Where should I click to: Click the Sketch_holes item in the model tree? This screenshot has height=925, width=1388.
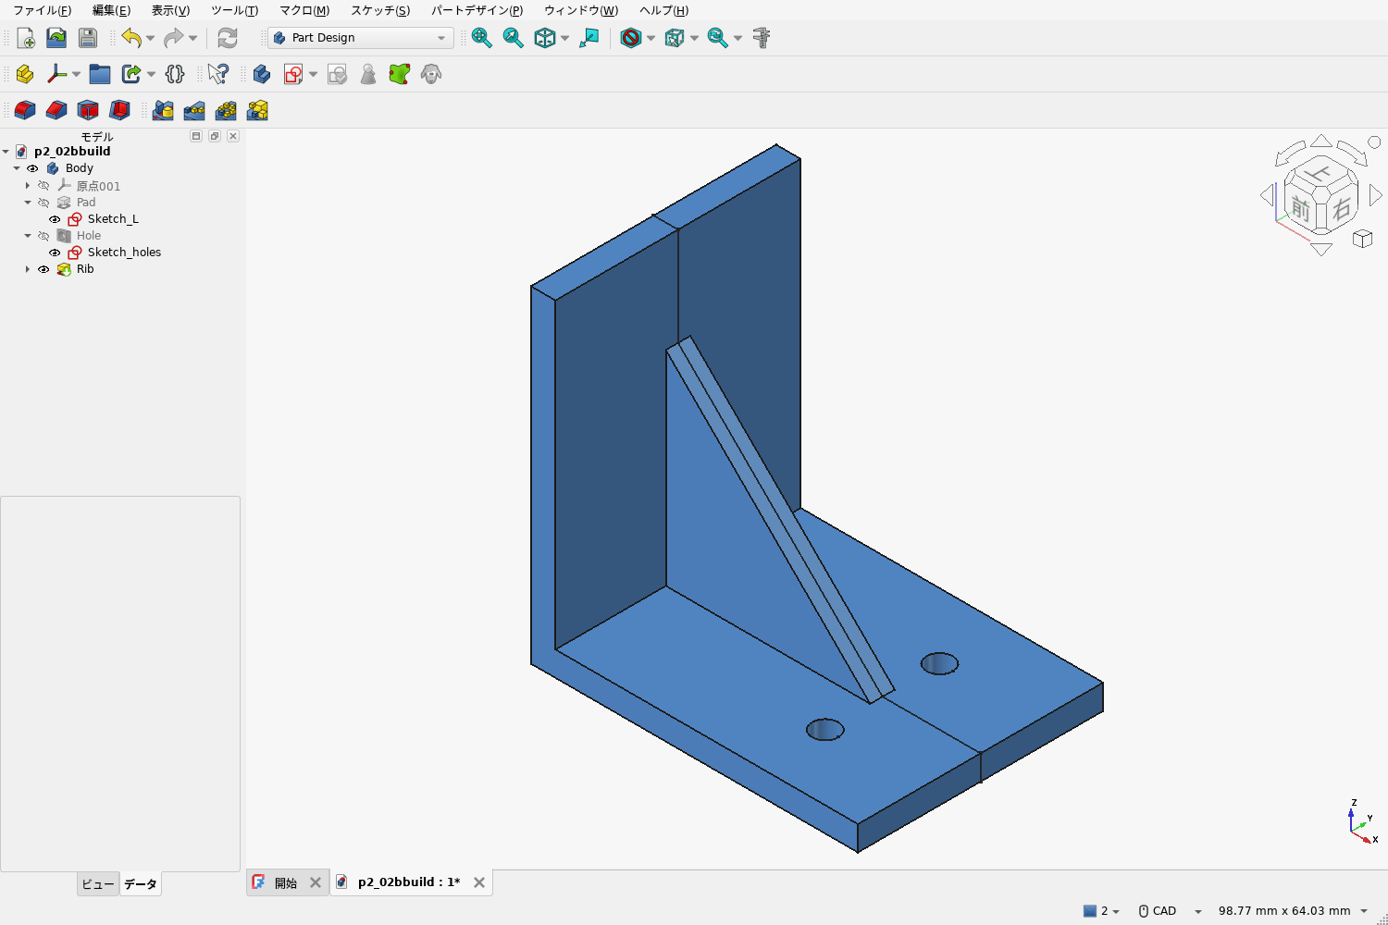click(x=124, y=253)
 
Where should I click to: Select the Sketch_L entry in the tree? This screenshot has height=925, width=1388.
click(x=113, y=218)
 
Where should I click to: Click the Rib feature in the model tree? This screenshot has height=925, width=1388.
click(x=85, y=269)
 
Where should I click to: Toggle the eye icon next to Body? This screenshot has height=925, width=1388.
click(x=32, y=168)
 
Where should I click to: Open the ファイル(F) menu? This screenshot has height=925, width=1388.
click(x=43, y=10)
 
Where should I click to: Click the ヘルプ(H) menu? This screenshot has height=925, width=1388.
click(x=663, y=10)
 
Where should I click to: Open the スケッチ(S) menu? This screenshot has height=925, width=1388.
click(x=379, y=10)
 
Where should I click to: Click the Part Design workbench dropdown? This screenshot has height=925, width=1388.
click(x=360, y=38)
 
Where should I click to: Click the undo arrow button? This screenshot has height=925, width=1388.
click(x=130, y=38)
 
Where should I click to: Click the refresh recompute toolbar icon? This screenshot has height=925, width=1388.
click(x=228, y=38)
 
